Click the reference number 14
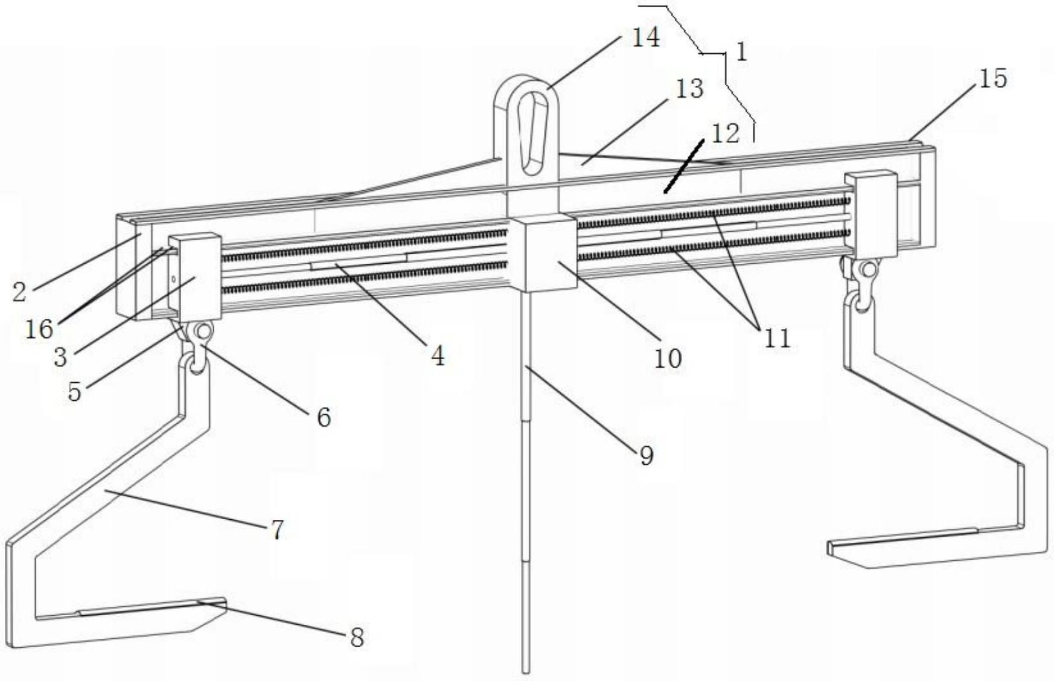pos(645,38)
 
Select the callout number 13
pos(689,89)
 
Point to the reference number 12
pos(725,134)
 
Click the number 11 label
pos(777,339)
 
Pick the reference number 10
pos(668,359)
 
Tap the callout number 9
pos(646,456)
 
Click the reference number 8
pos(357,638)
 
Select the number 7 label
pos(276,530)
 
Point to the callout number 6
pos(324,417)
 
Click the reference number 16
pos(39,329)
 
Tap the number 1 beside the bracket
pos(742,53)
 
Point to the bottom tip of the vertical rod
pos(526,668)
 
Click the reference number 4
pos(438,356)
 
